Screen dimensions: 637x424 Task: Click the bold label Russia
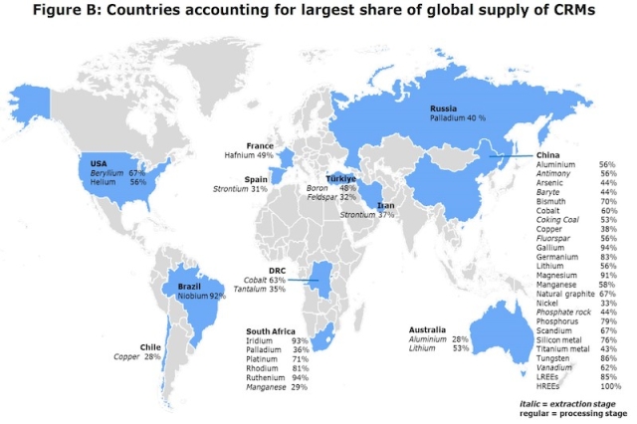443,107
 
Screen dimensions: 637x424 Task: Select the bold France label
261,145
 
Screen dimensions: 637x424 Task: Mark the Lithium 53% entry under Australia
440,349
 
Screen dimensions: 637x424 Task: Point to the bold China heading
549,155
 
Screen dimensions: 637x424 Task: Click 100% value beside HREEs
606,385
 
